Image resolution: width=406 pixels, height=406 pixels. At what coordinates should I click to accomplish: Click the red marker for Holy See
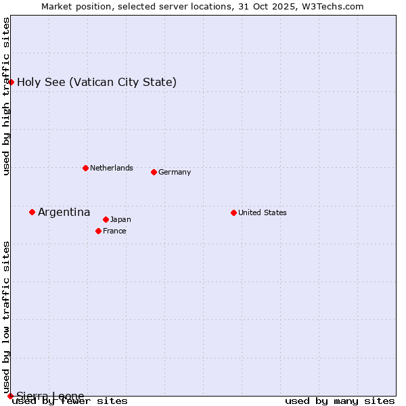click(x=11, y=82)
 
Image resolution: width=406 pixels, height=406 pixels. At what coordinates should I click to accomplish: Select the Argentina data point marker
click(x=32, y=212)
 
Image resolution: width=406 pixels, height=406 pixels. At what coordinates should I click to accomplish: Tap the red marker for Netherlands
click(x=85, y=168)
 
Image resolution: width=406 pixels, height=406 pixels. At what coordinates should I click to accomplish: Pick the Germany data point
click(x=154, y=172)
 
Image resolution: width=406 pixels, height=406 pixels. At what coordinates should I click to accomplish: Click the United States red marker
click(x=233, y=212)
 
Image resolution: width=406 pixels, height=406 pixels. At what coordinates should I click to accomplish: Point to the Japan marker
click(x=106, y=219)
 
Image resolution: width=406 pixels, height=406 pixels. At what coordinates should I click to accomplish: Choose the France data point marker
click(x=98, y=231)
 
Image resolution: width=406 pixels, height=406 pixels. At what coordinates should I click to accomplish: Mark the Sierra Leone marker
click(x=10, y=396)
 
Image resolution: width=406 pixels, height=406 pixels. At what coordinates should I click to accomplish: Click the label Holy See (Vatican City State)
click(x=97, y=83)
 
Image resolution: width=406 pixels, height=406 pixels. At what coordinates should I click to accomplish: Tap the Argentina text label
click(x=64, y=212)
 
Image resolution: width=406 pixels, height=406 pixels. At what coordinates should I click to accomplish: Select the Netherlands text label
click(x=112, y=168)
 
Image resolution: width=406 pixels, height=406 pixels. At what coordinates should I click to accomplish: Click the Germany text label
click(x=175, y=172)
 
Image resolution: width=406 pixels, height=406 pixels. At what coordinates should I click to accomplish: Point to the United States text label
click(x=263, y=212)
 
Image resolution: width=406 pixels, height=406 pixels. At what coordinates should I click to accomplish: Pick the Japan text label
click(x=120, y=219)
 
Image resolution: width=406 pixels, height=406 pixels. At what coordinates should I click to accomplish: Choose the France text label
click(x=114, y=231)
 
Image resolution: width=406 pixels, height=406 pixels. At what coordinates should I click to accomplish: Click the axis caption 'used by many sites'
click(x=340, y=401)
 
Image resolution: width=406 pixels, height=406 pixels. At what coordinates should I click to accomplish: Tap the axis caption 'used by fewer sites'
click(x=70, y=401)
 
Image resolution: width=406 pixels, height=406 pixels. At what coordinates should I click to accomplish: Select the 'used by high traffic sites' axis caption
click(x=7, y=96)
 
